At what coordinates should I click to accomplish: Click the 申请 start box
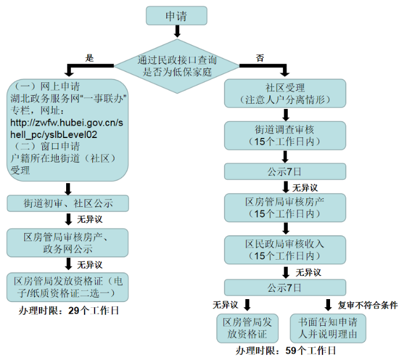coord(176,16)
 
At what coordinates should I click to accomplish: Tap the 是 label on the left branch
coord(90,58)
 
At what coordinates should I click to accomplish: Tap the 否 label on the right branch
coord(260,58)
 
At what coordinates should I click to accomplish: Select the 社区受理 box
coord(285,93)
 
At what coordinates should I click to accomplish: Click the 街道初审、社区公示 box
coord(68,203)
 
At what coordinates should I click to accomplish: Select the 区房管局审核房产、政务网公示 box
coord(68,243)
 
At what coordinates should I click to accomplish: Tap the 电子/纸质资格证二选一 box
coord(68,286)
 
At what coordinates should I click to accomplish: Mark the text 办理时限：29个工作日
coord(69,311)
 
